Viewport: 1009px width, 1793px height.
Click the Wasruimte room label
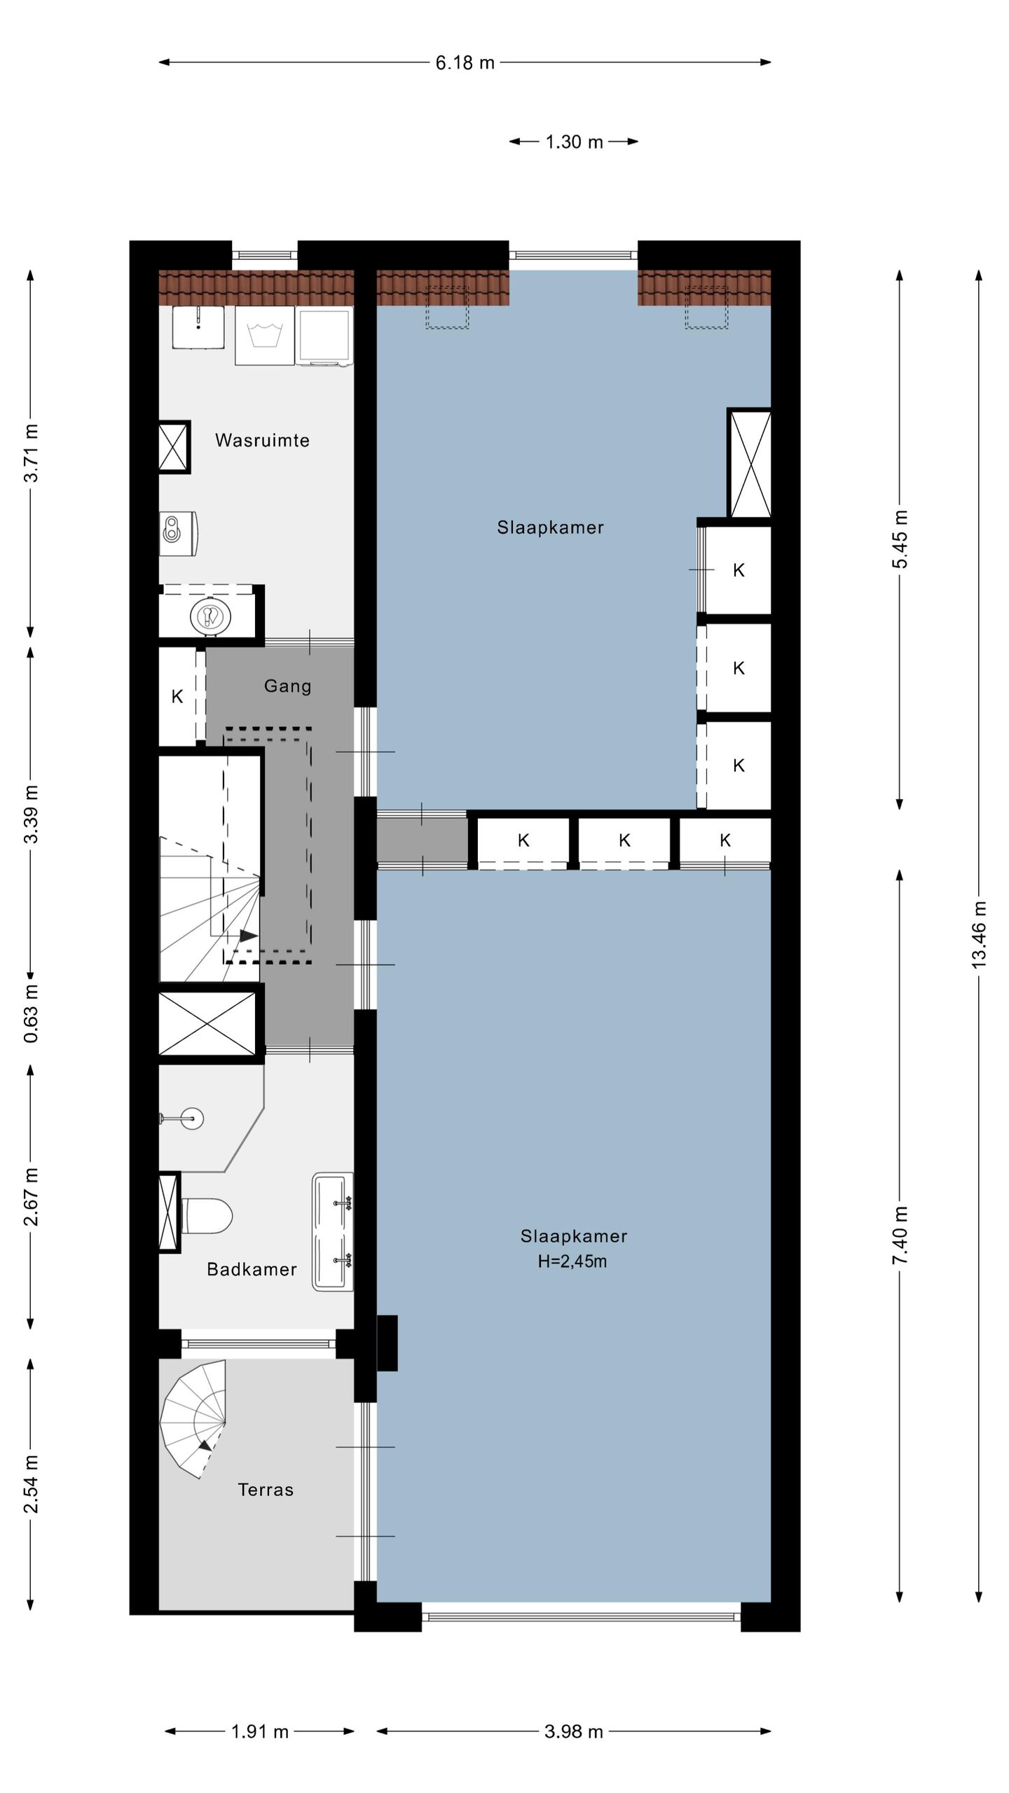pyautogui.click(x=262, y=440)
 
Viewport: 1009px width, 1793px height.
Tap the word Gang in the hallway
pyautogui.click(x=287, y=686)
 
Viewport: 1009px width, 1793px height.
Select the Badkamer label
pyautogui.click(x=252, y=1269)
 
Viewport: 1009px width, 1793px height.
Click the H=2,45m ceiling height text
pyautogui.click(x=572, y=1261)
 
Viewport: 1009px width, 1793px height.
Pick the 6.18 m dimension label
pyautogui.click(x=465, y=63)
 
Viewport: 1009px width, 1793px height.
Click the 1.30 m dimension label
pyautogui.click(x=574, y=142)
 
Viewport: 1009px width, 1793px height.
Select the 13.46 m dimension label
pyautogui.click(x=979, y=935)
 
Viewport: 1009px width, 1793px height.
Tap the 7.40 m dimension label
pyautogui.click(x=900, y=1235)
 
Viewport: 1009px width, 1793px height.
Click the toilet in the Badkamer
pyautogui.click(x=207, y=1215)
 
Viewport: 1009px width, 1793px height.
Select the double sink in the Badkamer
pyautogui.click(x=333, y=1232)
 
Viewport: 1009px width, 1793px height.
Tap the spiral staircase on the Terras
pyautogui.click(x=193, y=1418)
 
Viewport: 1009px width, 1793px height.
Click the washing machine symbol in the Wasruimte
pyautogui.click(x=265, y=335)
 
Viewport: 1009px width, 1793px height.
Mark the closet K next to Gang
pyautogui.click(x=177, y=696)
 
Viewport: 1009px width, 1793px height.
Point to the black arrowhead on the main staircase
pyautogui.click(x=249, y=936)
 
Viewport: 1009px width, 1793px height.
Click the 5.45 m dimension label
pyautogui.click(x=900, y=539)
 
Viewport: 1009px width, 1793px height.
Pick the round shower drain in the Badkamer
pyautogui.click(x=191, y=1119)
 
